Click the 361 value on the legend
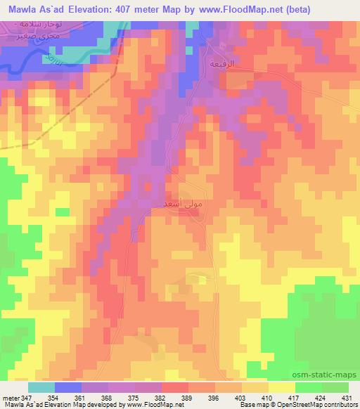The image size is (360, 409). [83, 398]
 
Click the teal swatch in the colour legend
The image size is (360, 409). [41, 387]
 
